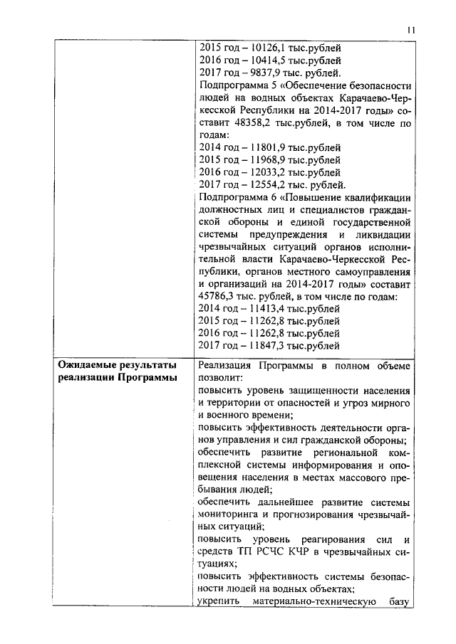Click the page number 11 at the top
(410, 30)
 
